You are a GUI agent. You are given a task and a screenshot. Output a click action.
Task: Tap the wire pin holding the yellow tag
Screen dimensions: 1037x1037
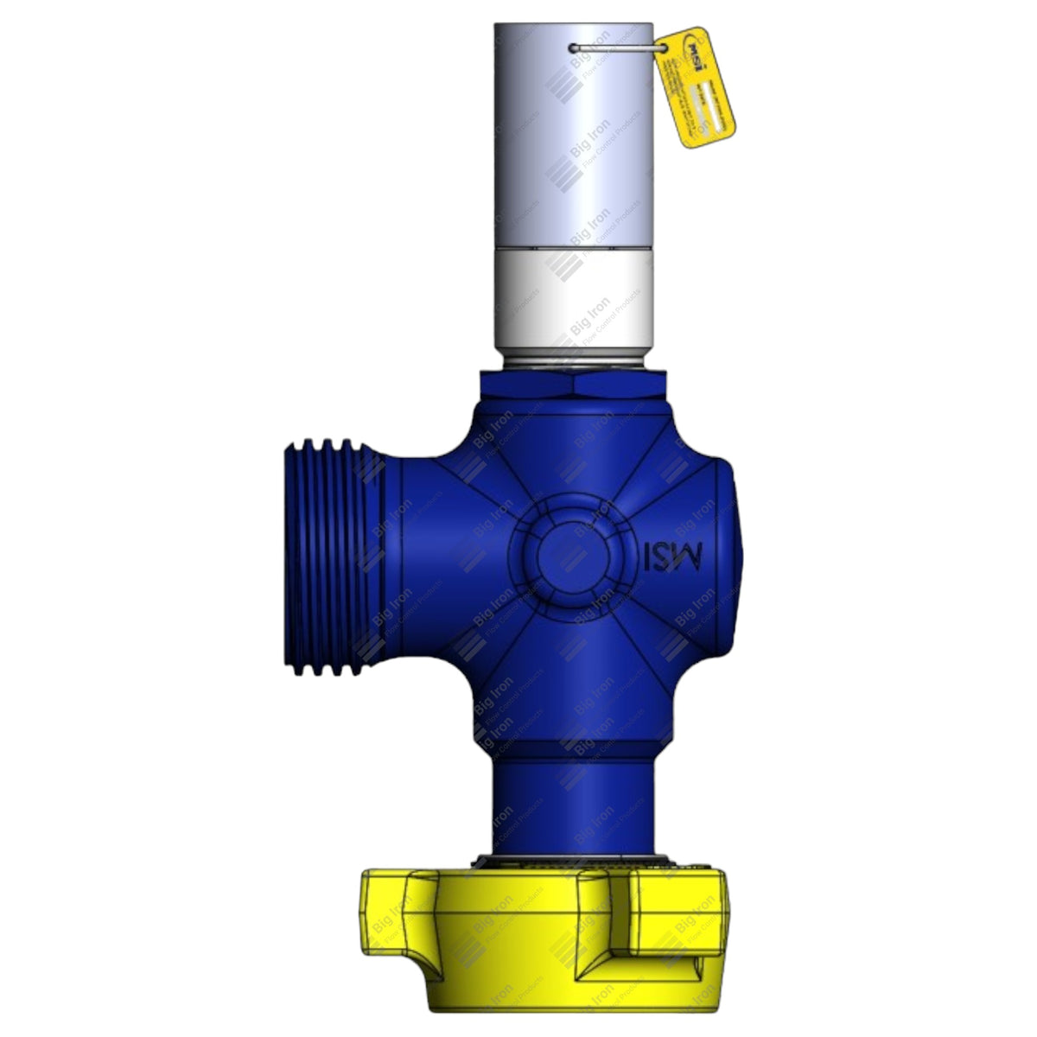click(619, 48)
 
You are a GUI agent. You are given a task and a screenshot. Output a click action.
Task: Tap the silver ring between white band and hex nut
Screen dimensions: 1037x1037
click(572, 361)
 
